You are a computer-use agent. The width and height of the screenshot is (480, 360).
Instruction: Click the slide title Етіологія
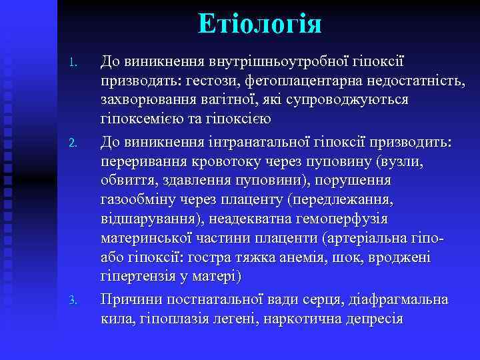point(260,24)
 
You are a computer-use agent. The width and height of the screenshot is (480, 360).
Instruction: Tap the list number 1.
point(75,64)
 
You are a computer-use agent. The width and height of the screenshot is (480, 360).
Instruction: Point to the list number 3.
point(75,301)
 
